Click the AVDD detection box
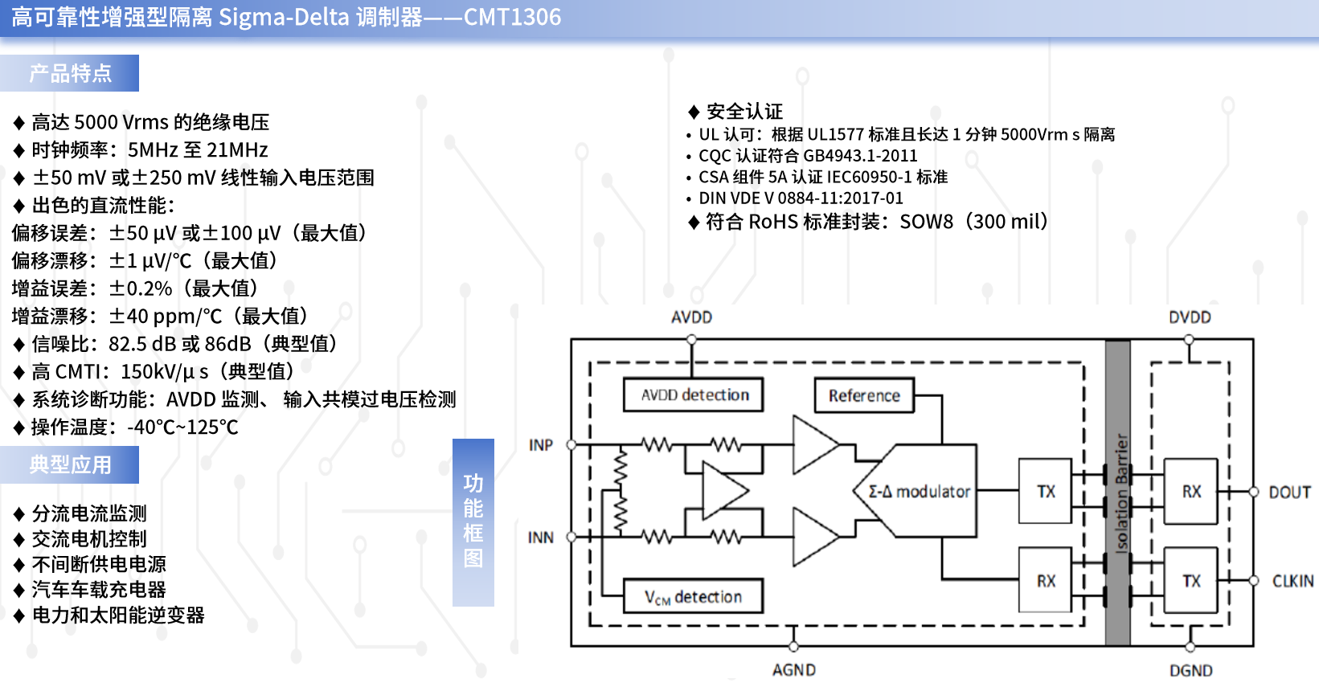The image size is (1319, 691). [693, 395]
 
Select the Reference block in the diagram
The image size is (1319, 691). [864, 395]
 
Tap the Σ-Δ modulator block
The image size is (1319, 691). [916, 491]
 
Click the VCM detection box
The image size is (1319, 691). [693, 596]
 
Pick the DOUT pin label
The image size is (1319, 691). [1289, 492]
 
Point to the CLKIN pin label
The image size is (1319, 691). [1292, 581]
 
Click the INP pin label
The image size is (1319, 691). [541, 445]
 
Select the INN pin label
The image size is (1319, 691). [541, 538]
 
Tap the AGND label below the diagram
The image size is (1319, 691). [794, 670]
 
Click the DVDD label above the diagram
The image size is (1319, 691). [1190, 317]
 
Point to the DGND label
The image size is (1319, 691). [1190, 670]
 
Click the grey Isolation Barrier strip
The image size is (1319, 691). [1117, 493]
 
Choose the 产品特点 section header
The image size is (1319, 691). [69, 73]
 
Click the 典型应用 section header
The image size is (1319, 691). [69, 464]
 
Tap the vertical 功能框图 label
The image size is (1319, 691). [473, 522]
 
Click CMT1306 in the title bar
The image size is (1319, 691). [512, 17]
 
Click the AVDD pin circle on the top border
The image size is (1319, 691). [691, 340]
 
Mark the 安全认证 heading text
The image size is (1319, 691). [744, 111]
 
